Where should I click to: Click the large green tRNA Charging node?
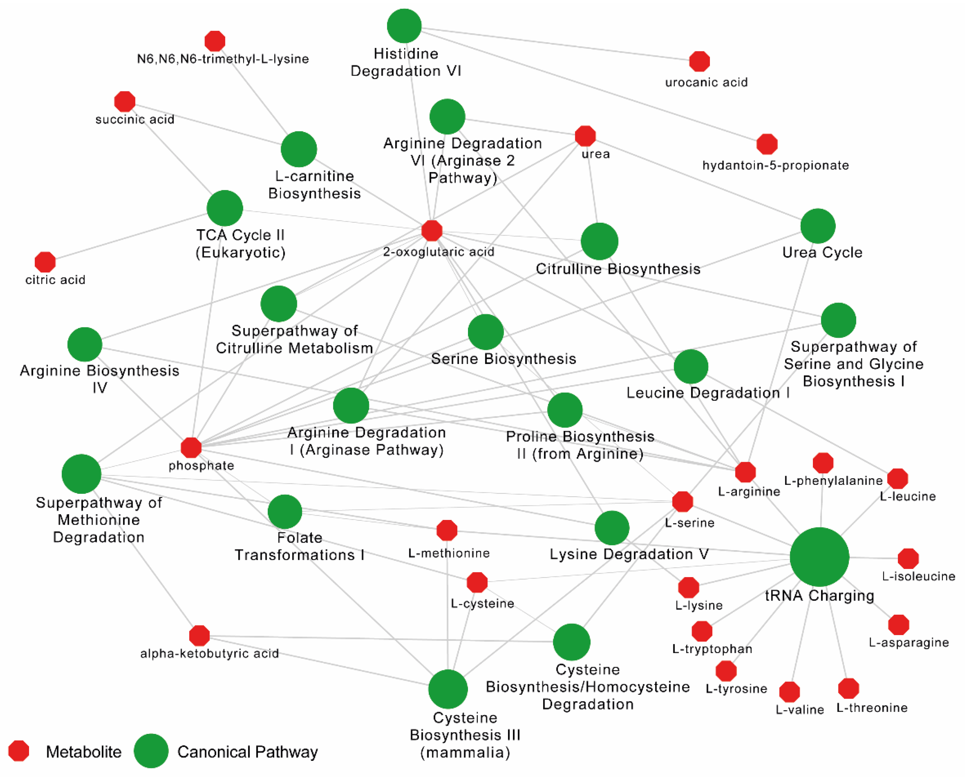click(x=819, y=557)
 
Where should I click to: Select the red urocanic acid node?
click(x=699, y=61)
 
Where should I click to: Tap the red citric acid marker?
click(x=45, y=262)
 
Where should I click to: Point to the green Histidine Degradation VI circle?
click(x=404, y=26)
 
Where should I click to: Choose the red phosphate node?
click(x=191, y=447)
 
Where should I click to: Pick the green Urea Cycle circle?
click(x=818, y=226)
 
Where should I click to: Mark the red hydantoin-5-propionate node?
click(x=767, y=144)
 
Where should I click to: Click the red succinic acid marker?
click(x=125, y=101)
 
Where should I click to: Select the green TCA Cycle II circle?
click(x=225, y=208)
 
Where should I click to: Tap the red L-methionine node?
click(x=447, y=530)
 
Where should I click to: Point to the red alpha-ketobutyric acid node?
click(x=199, y=635)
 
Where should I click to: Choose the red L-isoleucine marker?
click(x=908, y=559)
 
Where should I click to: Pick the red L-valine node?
click(x=790, y=692)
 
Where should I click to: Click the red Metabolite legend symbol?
click(x=19, y=751)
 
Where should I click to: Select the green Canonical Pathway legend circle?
click(x=151, y=751)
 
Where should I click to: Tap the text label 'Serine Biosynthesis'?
click(x=503, y=359)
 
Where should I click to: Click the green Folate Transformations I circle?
click(x=285, y=512)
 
